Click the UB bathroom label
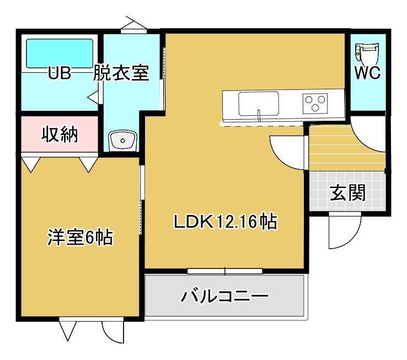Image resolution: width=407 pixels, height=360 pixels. point(60,73)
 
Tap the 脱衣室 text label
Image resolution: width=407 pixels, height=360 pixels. point(121,73)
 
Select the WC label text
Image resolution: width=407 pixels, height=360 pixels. point(367,73)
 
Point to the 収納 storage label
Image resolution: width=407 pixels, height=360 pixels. point(60,135)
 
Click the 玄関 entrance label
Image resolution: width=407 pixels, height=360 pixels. point(347,192)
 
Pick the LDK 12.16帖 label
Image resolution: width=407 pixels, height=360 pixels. point(226,222)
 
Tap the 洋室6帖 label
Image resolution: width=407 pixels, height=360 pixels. point(80,237)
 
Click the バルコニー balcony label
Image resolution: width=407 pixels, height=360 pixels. point(224,296)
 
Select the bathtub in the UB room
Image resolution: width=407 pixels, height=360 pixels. point(60,53)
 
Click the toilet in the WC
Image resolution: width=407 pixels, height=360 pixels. point(366,53)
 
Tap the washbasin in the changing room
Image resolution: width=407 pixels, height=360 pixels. point(122,141)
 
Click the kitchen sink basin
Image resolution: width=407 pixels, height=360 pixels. point(259,103)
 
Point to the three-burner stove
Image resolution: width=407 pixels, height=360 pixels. point(315,104)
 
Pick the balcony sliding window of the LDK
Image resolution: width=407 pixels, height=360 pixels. point(225,271)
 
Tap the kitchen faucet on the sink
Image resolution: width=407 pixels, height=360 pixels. point(259,115)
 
